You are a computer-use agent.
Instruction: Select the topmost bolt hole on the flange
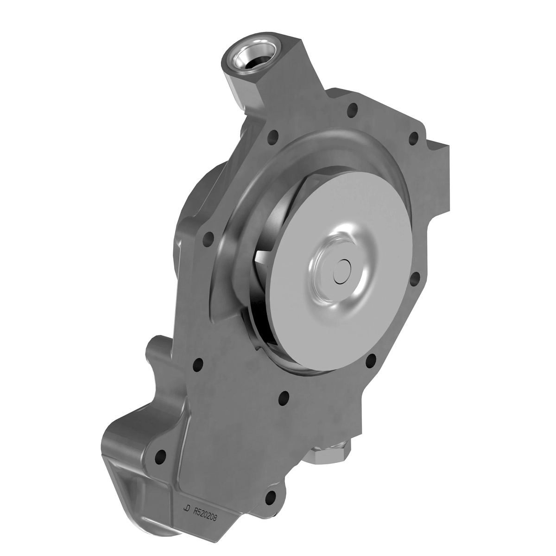354,110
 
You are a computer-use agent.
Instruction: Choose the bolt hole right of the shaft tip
416,278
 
